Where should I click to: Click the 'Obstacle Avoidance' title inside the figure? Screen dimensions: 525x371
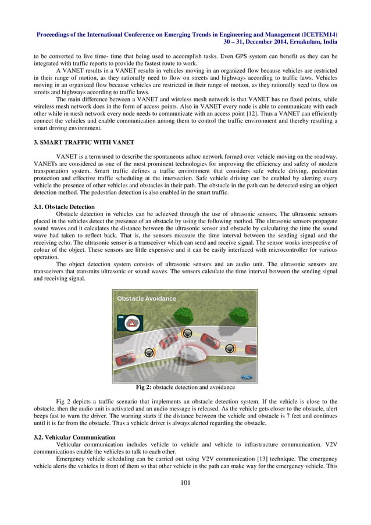point(147,298)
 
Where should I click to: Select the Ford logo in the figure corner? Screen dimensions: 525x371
point(246,377)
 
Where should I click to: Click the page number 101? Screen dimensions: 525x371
point(185,482)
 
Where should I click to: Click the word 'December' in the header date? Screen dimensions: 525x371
point(255,42)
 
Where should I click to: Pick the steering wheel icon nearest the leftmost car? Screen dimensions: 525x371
point(149,353)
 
